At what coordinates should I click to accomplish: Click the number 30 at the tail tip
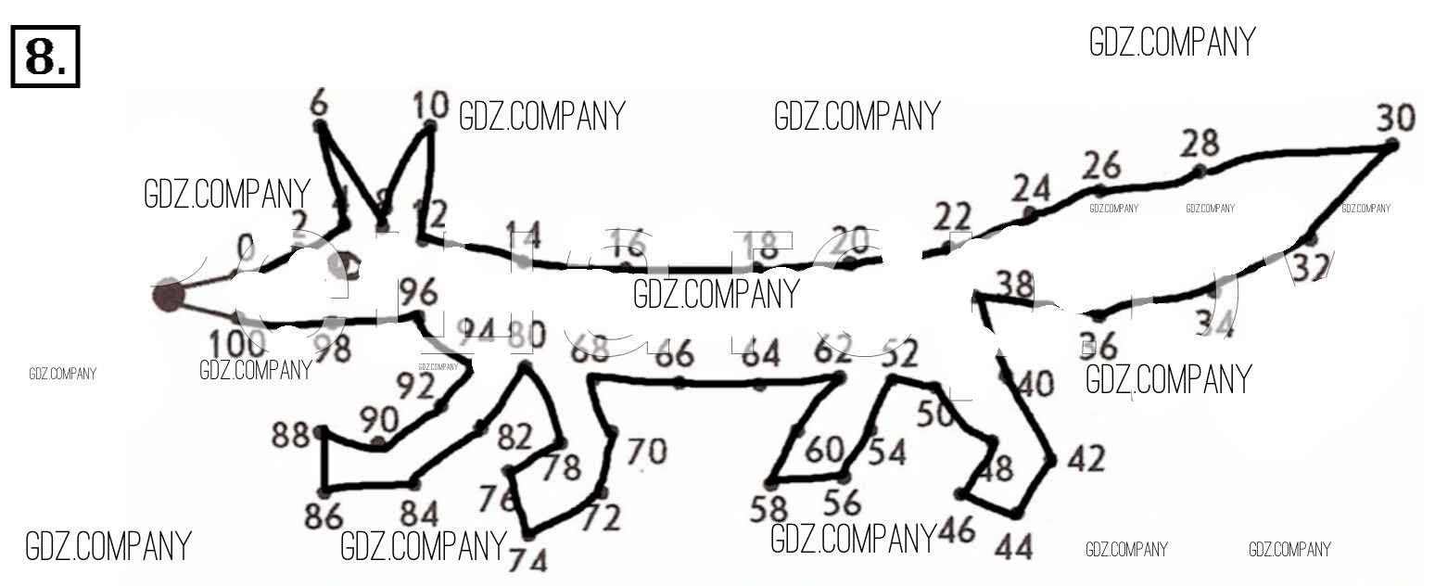[x=1395, y=119]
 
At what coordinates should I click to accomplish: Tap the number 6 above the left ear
[x=319, y=105]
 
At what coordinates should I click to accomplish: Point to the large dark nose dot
[x=168, y=295]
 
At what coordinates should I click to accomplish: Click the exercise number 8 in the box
[x=45, y=57]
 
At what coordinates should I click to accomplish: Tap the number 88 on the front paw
[x=291, y=434]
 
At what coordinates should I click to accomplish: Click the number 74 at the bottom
[x=527, y=560]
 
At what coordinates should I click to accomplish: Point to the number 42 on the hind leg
[x=1085, y=459]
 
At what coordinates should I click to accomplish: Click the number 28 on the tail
[x=1200, y=144]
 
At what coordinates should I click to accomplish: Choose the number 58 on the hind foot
[x=768, y=508]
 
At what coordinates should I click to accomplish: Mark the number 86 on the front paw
[x=324, y=516]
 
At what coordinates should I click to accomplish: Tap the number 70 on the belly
[x=646, y=452]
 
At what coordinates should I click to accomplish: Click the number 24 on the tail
[x=1031, y=188]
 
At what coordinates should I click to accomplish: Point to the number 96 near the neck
[x=417, y=293]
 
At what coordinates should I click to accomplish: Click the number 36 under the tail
[x=1098, y=348]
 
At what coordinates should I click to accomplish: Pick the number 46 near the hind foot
[x=957, y=531]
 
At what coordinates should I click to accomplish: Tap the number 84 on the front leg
[x=420, y=513]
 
